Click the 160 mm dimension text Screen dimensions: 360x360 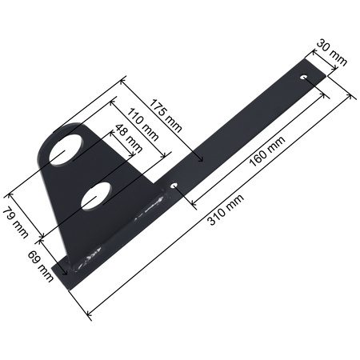click(x=266, y=150)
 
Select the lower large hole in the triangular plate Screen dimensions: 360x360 click(x=97, y=196)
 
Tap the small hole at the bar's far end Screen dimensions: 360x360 click(x=304, y=77)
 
